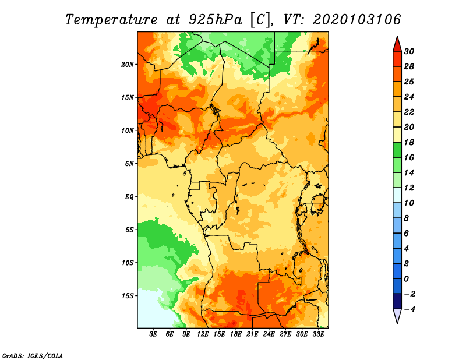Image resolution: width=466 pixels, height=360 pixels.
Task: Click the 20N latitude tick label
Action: [x=128, y=65]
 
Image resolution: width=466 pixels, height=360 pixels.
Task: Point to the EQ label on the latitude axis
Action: [x=129, y=197]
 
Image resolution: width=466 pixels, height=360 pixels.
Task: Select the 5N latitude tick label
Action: [x=129, y=164]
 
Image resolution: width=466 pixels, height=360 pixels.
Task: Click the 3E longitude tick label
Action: [x=153, y=334]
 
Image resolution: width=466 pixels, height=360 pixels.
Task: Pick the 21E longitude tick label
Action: [x=252, y=334]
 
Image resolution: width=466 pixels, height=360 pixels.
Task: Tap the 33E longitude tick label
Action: [x=318, y=334]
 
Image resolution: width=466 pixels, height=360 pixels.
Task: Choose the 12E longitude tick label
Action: [x=203, y=334]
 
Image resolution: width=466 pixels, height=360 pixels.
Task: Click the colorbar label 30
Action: [x=409, y=51]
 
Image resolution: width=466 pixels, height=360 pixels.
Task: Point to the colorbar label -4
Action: [x=409, y=309]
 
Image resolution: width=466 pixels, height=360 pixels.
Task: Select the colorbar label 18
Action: [x=409, y=142]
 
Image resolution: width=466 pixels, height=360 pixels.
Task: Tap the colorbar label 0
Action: [x=406, y=279]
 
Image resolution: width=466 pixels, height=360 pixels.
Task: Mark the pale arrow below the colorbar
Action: [x=397, y=316]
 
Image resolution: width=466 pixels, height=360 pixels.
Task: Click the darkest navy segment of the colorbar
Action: [x=397, y=301]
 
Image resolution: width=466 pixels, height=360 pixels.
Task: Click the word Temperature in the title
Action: [x=111, y=20]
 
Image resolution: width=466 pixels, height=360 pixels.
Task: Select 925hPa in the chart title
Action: [x=215, y=20]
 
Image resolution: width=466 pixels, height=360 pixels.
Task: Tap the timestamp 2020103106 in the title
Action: [x=357, y=20]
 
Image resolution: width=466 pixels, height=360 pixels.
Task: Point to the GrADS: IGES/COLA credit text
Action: [x=33, y=356]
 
